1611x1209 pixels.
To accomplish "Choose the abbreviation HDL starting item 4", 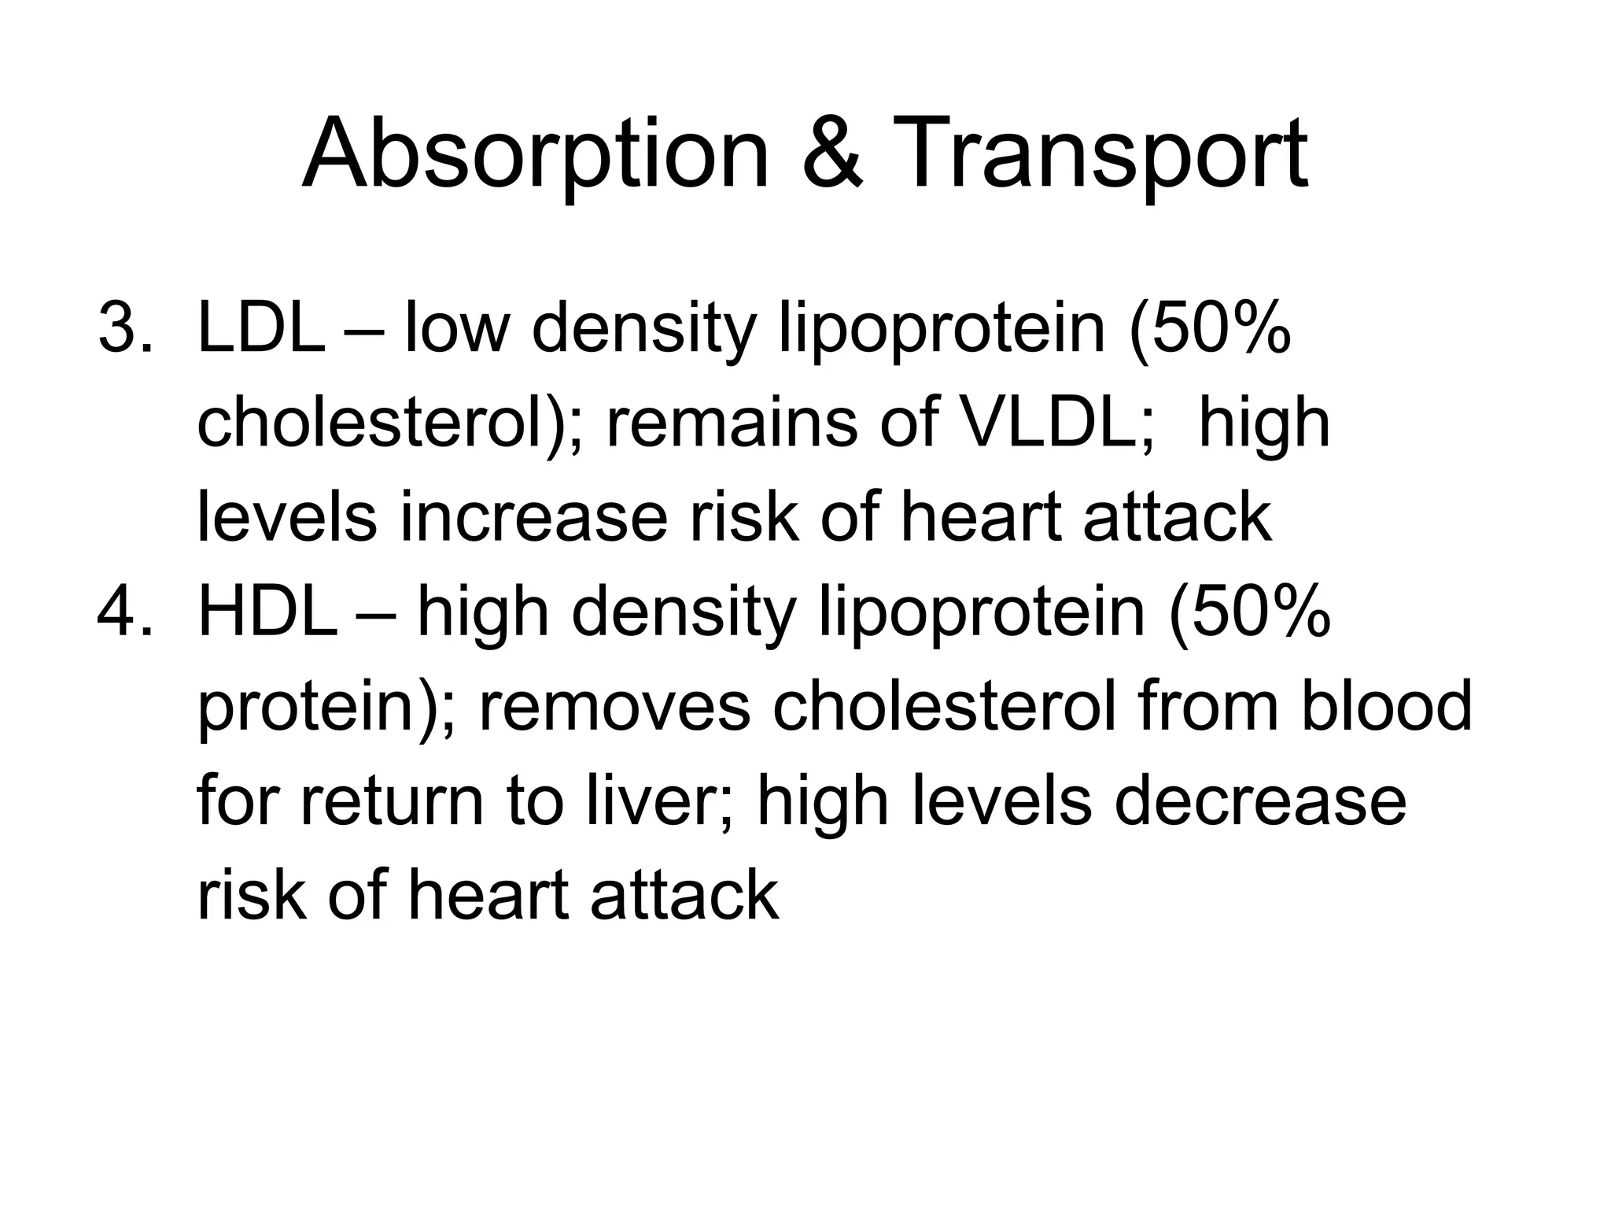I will (267, 612).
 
